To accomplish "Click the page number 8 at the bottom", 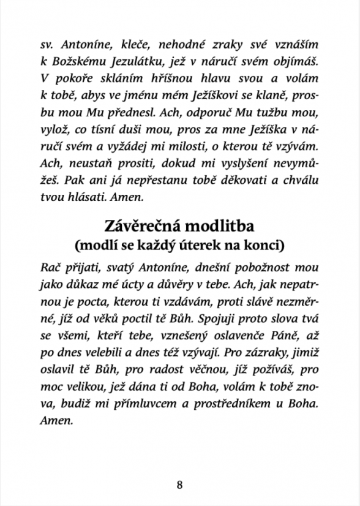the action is pyautogui.click(x=180, y=485).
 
